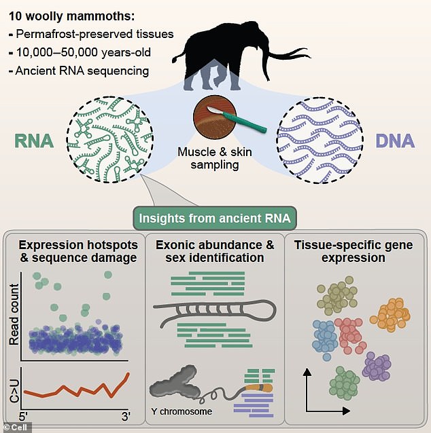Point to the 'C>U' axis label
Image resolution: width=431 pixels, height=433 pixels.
pyautogui.click(x=14, y=386)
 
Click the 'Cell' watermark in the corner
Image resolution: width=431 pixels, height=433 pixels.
pyautogui.click(x=14, y=426)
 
